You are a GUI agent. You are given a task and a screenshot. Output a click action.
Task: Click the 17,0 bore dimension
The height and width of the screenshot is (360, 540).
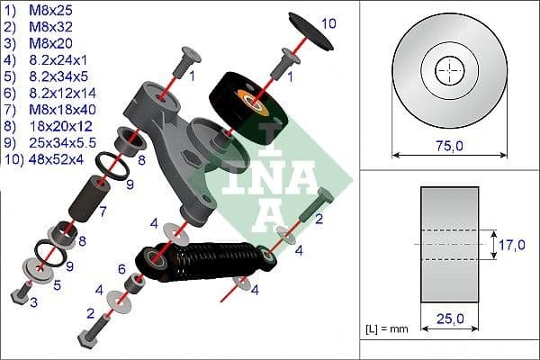514,243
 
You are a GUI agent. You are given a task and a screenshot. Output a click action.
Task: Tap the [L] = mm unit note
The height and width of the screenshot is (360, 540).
388,329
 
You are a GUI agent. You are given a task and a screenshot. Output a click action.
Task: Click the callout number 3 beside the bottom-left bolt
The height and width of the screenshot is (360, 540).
34,302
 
